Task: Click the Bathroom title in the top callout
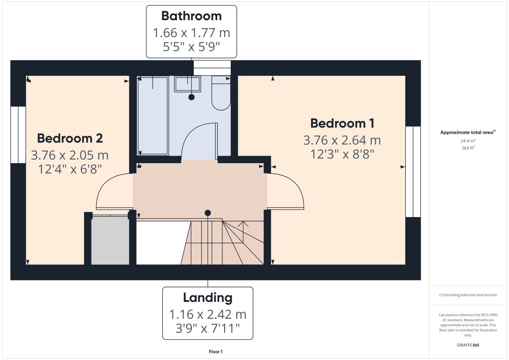pos(191,16)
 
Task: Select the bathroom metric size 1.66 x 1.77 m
pos(191,33)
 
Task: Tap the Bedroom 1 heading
pos(342,123)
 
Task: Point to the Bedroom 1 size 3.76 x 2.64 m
pos(342,140)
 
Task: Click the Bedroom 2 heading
pos(70,138)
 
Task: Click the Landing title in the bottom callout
pos(207,298)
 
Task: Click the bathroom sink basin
pos(188,84)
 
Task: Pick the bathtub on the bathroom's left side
pos(153,116)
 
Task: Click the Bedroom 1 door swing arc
pos(286,191)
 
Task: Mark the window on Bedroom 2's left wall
pos(18,135)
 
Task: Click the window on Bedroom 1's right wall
pos(413,172)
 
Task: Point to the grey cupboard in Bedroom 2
pos(110,240)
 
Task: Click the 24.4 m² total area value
pos(468,141)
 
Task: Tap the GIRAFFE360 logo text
pos(468,345)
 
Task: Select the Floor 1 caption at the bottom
pos(215,352)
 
